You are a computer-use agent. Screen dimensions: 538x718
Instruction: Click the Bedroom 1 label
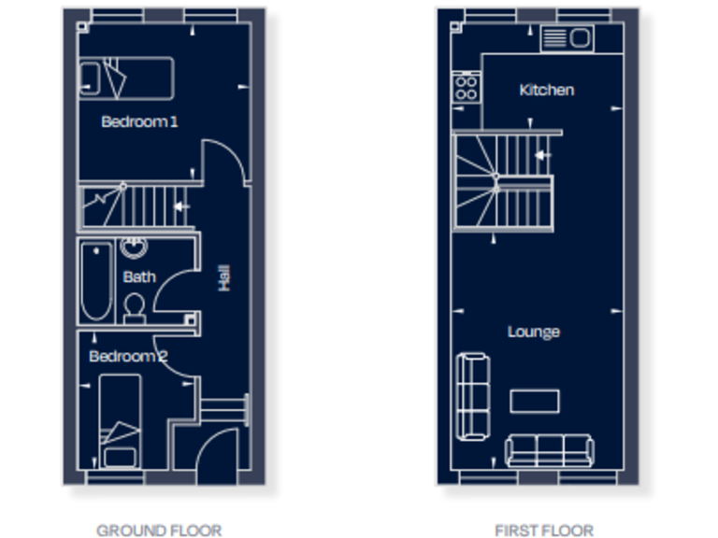[139, 121]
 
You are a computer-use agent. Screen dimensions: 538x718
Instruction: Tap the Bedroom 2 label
[128, 356]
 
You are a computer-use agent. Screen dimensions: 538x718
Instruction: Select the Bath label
[139, 276]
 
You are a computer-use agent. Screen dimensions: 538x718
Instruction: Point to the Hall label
[224, 276]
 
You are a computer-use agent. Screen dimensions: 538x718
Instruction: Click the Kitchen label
[546, 90]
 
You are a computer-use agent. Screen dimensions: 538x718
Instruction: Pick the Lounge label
[534, 332]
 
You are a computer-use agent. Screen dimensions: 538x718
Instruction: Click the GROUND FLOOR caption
[159, 531]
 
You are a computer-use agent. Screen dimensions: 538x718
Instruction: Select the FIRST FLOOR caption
[543, 531]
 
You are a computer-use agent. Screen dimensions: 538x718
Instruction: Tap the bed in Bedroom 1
[126, 78]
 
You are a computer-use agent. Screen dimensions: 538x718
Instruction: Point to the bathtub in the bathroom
[95, 281]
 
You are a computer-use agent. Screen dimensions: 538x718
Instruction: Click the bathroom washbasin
[135, 248]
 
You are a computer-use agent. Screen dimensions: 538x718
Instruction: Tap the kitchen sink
[567, 38]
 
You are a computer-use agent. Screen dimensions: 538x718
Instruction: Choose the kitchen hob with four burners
[466, 89]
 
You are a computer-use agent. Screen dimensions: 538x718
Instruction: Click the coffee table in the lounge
[535, 401]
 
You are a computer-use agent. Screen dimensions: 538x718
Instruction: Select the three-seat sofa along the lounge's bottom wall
[549, 450]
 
